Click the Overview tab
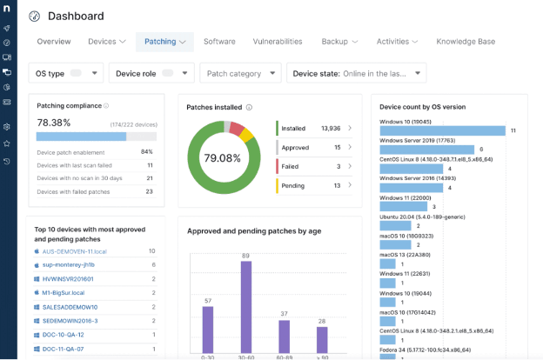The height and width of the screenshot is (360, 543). click(x=54, y=41)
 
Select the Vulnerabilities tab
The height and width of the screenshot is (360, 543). click(x=278, y=41)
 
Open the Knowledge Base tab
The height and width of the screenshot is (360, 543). click(x=466, y=41)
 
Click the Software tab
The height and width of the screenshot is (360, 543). click(x=219, y=41)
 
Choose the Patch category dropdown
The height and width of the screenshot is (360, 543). click(x=240, y=74)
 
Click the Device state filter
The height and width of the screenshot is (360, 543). click(x=356, y=74)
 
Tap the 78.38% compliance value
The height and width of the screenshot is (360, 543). click(x=54, y=123)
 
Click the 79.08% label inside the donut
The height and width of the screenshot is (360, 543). click(x=222, y=158)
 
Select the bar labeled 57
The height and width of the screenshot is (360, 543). click(x=207, y=330)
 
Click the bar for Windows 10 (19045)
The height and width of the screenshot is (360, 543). click(x=443, y=130)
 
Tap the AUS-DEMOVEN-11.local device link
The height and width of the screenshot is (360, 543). click(x=75, y=251)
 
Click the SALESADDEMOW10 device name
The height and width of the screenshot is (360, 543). click(x=70, y=306)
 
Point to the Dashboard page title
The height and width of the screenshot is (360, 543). click(x=76, y=16)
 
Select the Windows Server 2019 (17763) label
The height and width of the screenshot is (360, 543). click(x=418, y=138)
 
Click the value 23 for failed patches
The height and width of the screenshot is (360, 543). click(x=149, y=190)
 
